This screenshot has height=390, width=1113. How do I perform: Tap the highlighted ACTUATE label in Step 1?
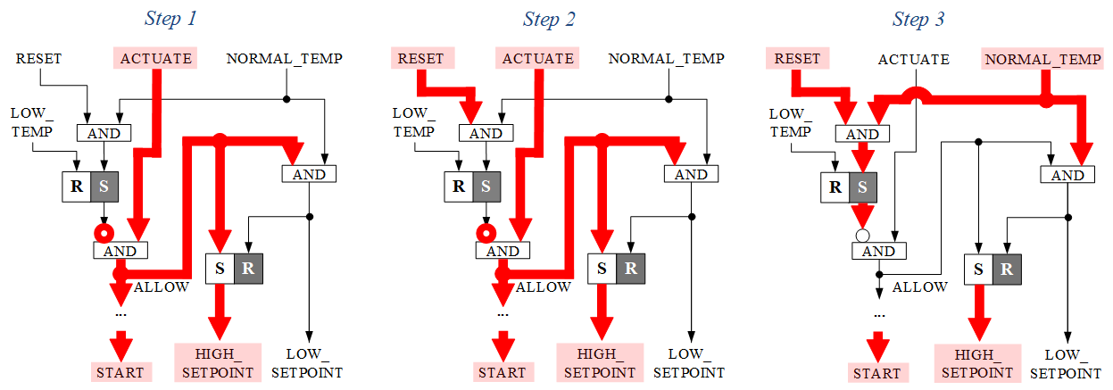pyautogui.click(x=156, y=59)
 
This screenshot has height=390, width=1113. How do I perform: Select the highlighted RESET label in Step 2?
pyautogui.click(x=421, y=59)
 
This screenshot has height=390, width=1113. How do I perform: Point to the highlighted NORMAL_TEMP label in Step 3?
pyautogui.click(x=1043, y=60)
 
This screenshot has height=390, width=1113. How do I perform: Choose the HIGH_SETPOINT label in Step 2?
pyautogui.click(x=598, y=362)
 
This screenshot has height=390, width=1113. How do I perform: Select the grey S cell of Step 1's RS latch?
pyautogui.click(x=104, y=187)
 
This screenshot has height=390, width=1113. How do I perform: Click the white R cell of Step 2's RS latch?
pyautogui.click(x=459, y=187)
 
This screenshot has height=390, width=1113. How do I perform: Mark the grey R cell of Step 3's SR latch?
pyautogui.click(x=1007, y=269)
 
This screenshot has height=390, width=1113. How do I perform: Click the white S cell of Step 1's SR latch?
pyautogui.click(x=220, y=268)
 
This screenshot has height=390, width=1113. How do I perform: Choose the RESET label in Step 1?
pyautogui.click(x=39, y=59)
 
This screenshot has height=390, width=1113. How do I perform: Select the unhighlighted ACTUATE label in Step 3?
pyautogui.click(x=914, y=59)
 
